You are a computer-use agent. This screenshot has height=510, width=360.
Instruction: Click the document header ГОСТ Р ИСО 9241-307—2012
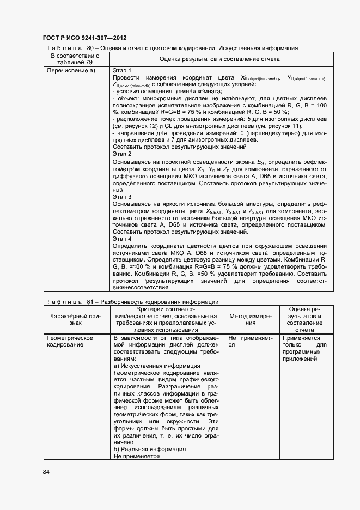tap(84, 38)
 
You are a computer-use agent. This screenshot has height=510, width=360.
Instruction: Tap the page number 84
tap(46, 471)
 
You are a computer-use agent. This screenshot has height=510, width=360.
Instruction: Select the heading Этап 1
tap(122, 70)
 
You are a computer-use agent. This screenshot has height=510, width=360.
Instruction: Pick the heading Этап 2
tap(122, 154)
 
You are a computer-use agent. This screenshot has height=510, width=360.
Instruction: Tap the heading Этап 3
tap(122, 196)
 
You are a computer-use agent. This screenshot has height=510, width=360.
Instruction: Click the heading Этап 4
tap(122, 239)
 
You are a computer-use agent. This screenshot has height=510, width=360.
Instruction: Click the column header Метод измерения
tap(250, 319)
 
